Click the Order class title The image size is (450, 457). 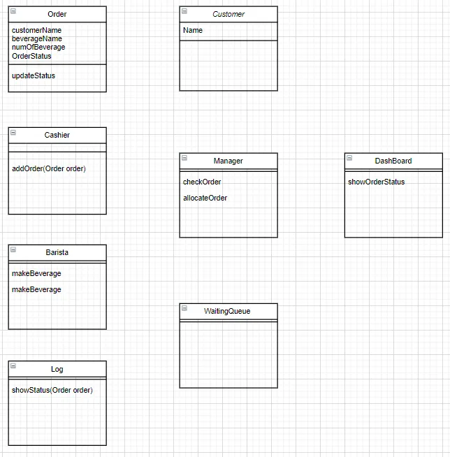click(x=57, y=14)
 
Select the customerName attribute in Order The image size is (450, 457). click(x=36, y=30)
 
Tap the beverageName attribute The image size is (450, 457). click(x=37, y=39)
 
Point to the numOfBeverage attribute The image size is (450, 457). click(x=38, y=48)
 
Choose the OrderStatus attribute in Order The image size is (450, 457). click(x=31, y=56)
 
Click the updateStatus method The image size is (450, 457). click(x=34, y=75)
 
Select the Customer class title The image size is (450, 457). click(x=228, y=14)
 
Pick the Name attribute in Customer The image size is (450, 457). click(x=193, y=30)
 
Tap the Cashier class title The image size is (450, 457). click(x=57, y=135)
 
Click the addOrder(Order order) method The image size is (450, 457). click(x=49, y=168)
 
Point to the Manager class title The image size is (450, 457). click(x=228, y=161)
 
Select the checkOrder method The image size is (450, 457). click(x=202, y=182)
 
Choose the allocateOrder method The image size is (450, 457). click(x=205, y=198)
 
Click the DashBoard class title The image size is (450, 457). click(x=393, y=161)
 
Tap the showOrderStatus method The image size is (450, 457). click(x=376, y=182)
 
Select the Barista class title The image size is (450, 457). click(x=57, y=252)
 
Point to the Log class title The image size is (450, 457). click(x=57, y=369)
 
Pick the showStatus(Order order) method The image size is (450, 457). click(x=52, y=390)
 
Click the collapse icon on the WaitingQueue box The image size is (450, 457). click(x=184, y=308)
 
